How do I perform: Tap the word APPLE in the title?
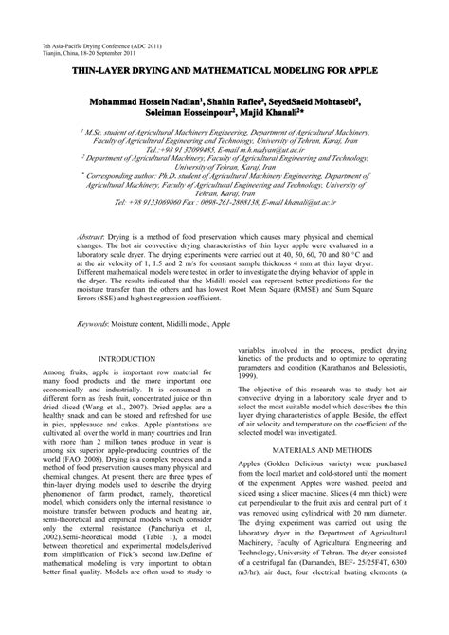tap(355, 70)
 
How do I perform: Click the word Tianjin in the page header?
tap(57, 52)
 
